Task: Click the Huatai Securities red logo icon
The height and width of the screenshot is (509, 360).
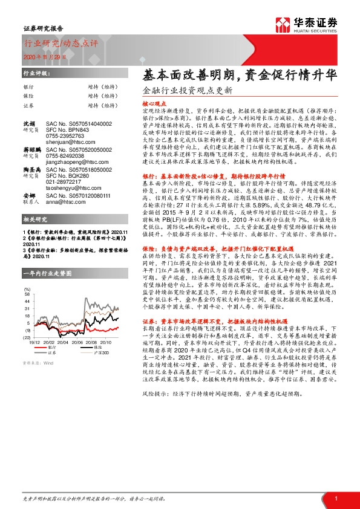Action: pos(283,25)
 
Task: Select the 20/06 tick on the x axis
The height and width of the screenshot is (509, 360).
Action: pos(78,343)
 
